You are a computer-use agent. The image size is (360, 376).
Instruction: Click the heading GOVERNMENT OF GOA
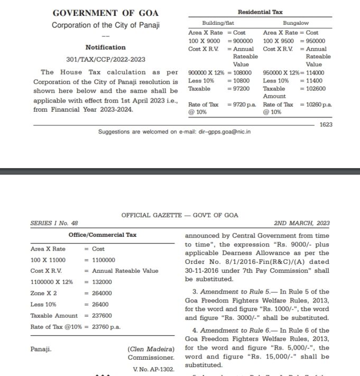pos(106,13)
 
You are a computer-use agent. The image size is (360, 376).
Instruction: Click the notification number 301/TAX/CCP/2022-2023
pos(106,59)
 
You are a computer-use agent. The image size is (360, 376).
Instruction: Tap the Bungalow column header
pos(296,23)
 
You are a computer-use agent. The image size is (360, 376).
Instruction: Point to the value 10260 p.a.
pos(320,105)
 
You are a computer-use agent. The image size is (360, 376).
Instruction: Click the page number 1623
pos(326,125)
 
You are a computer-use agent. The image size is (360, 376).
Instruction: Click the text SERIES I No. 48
pos(55,223)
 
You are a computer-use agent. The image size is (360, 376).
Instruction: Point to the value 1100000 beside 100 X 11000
pos(104,260)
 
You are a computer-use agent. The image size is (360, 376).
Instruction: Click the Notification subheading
pos(106,47)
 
